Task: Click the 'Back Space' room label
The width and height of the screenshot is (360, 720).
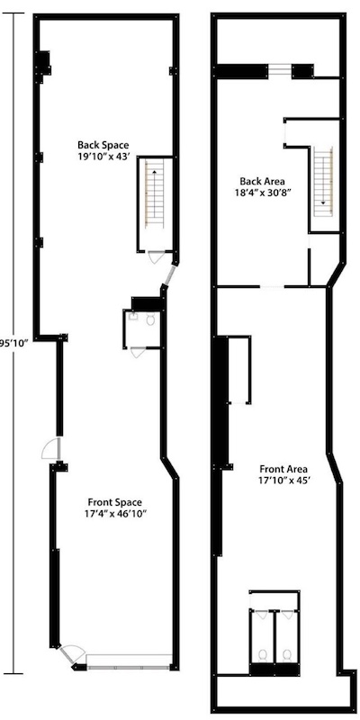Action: pyautogui.click(x=103, y=146)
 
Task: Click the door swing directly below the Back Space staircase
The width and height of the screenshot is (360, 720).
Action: pyautogui.click(x=156, y=257)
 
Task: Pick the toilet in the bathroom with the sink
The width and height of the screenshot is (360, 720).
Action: pyautogui.click(x=150, y=319)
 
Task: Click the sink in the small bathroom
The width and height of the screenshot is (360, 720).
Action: pyautogui.click(x=132, y=317)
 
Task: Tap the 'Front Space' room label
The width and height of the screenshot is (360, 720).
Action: pyautogui.click(x=115, y=502)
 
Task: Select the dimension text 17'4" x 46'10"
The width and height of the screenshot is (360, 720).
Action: pyautogui.click(x=115, y=513)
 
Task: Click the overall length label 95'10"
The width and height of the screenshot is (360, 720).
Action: pyautogui.click(x=14, y=343)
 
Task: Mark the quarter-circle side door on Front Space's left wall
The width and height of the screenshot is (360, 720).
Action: pyautogui.click(x=50, y=449)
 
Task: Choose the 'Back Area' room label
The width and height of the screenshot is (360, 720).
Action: pyautogui.click(x=262, y=181)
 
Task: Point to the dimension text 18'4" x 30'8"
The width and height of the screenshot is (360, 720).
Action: pyautogui.click(x=262, y=192)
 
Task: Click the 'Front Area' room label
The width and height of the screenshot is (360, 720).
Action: pyautogui.click(x=283, y=469)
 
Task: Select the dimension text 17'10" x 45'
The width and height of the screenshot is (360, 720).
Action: pyautogui.click(x=283, y=481)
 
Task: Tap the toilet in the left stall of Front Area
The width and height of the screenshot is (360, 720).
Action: pyautogui.click(x=263, y=654)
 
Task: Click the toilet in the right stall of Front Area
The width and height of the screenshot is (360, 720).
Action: pyautogui.click(x=287, y=654)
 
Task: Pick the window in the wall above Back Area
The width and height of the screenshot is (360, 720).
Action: pyautogui.click(x=280, y=71)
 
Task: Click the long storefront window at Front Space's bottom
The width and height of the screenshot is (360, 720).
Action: pyautogui.click(x=129, y=667)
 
